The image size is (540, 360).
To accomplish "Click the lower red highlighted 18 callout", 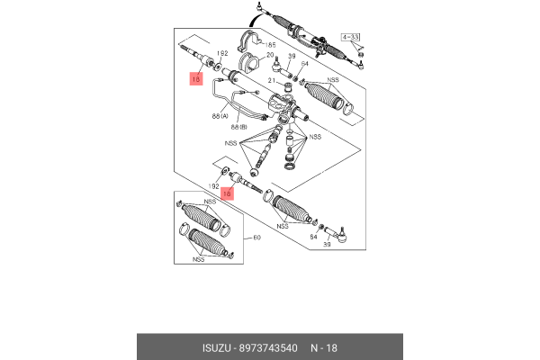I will pyautogui.click(x=228, y=193).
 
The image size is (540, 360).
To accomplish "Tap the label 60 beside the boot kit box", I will pyautogui.click(x=256, y=238).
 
